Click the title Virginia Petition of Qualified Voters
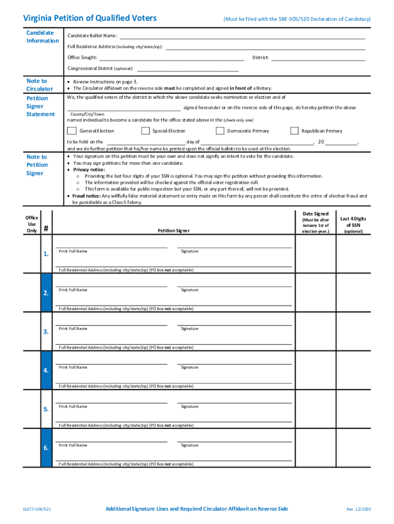90,18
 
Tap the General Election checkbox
72,131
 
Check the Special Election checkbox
145,131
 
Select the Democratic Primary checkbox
220,131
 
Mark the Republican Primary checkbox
294,131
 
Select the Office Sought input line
171,58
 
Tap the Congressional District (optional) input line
187,69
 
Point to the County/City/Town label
87,114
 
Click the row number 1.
46,254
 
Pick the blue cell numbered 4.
46,370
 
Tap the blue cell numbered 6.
46,448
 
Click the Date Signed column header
316,214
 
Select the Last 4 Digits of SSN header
353,222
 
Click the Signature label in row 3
189,329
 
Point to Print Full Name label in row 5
73,406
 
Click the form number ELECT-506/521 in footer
37,509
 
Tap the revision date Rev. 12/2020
358,509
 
